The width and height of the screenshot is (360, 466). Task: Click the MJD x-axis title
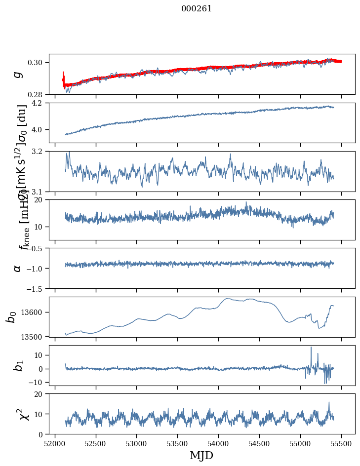(x=201, y=456)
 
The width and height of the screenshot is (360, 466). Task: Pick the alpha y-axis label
(x=18, y=268)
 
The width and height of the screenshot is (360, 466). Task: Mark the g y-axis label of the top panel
(x=18, y=74)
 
